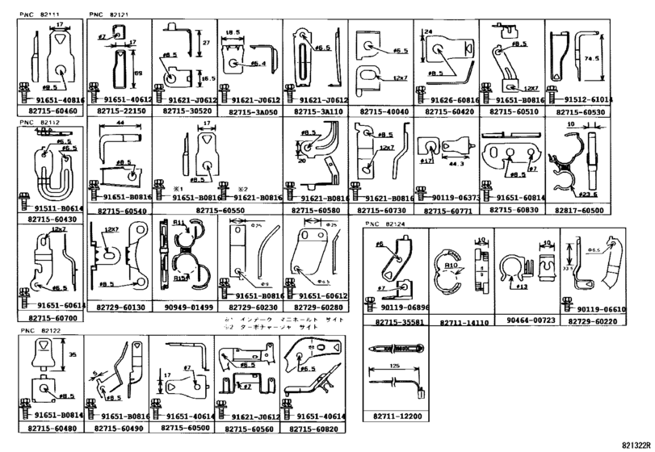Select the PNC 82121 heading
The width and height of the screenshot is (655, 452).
[105, 15]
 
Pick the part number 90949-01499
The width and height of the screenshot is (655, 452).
[184, 308]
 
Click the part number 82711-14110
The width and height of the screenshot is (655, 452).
[465, 322]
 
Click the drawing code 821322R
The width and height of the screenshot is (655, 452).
[636, 444]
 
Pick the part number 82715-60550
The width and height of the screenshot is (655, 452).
[216, 210]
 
